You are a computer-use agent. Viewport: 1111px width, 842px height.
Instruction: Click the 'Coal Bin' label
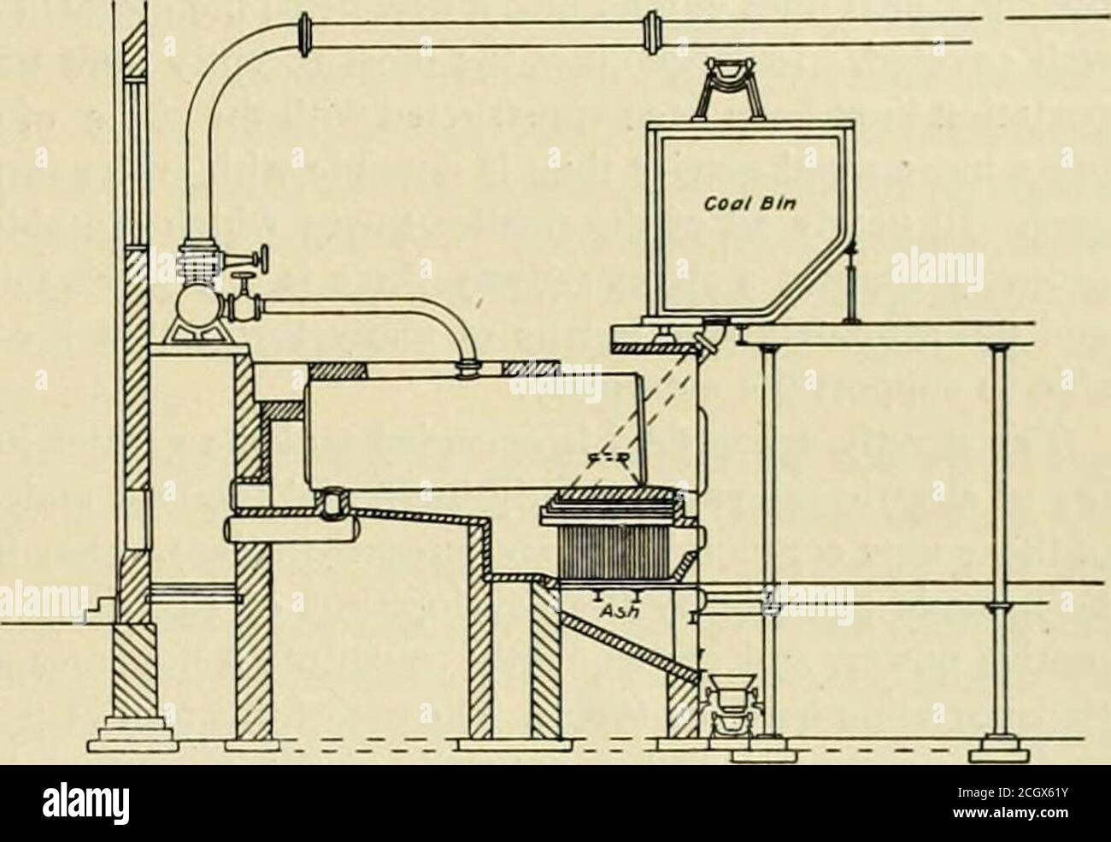click(x=750, y=203)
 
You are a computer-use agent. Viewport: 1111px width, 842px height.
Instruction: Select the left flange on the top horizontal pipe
click(x=303, y=34)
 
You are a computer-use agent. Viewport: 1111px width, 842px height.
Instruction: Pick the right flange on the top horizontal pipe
click(x=651, y=32)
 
